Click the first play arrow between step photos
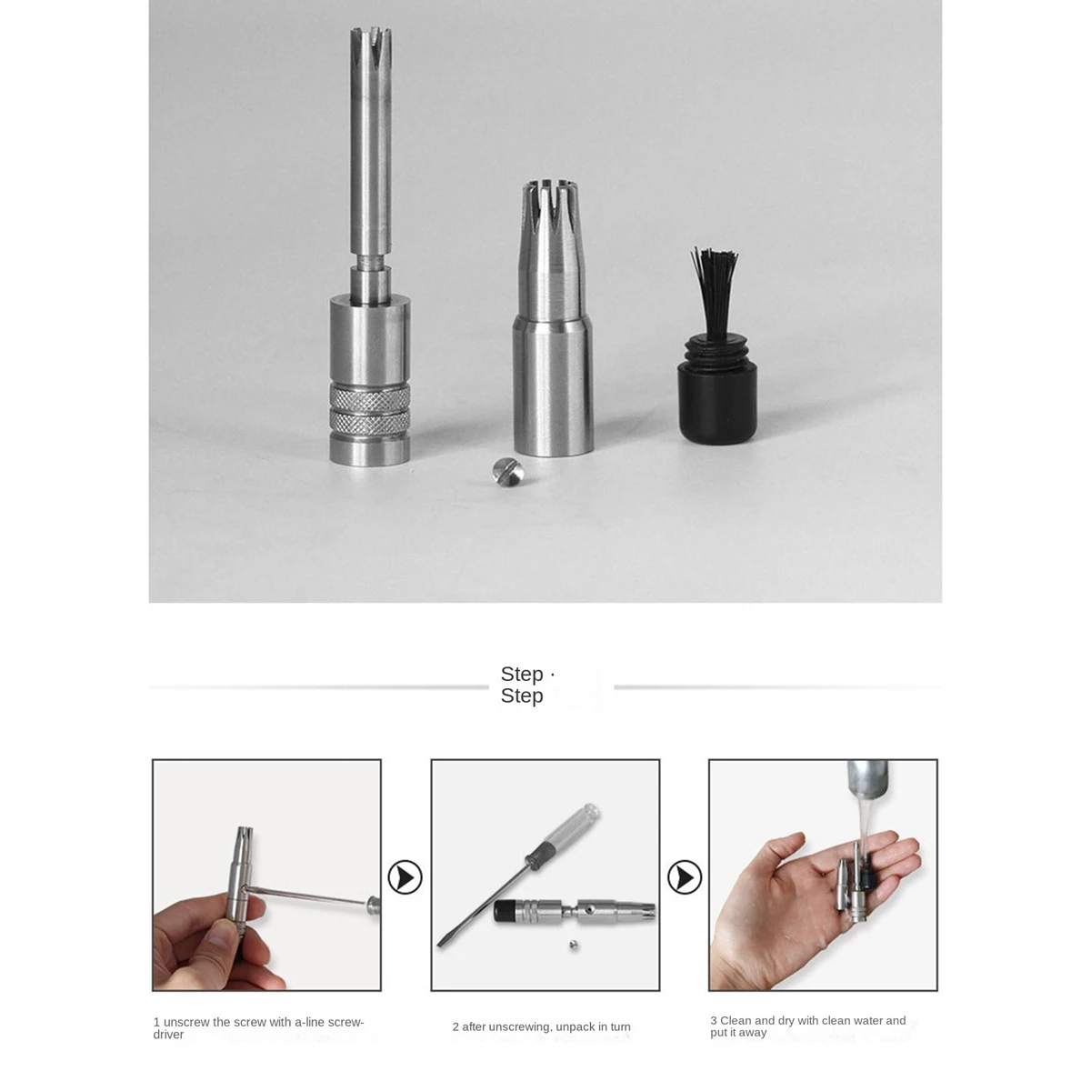click(405, 877)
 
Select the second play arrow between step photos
click(685, 877)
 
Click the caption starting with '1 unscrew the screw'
click(258, 1027)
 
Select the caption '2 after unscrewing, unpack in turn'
click(541, 1026)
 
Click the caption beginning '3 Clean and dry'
click(807, 1026)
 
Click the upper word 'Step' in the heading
click(522, 674)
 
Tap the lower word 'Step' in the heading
click(522, 696)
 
